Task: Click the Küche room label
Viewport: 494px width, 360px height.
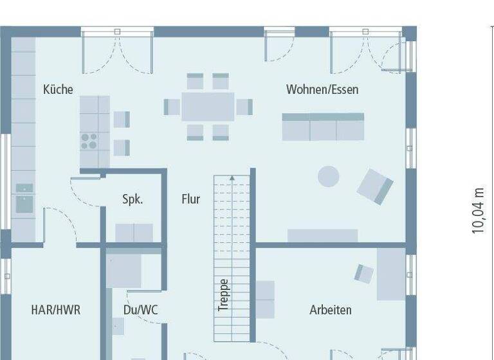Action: pos(58,89)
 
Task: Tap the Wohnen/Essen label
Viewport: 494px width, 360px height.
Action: pos(322,89)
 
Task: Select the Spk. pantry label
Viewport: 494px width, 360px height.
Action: pos(133,199)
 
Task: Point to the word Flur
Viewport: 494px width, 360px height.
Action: pos(190,199)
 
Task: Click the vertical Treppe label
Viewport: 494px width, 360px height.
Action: pos(223,295)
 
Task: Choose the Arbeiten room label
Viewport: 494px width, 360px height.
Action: pos(331,310)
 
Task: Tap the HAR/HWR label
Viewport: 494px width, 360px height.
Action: pos(56,310)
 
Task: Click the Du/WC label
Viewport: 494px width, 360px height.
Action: pos(140,310)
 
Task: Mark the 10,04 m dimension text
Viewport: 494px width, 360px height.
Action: pos(478,210)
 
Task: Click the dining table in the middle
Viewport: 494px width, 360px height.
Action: pos(208,107)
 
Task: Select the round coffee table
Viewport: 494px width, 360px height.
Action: pos(329,177)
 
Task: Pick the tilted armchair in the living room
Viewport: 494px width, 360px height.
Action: pos(375,186)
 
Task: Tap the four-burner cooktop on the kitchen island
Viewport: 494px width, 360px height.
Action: pos(89,141)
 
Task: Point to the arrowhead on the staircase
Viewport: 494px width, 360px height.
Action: pos(232,178)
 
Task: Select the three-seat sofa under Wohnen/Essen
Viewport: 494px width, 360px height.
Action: pos(323,127)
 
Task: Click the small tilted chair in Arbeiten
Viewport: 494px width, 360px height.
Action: pos(364,273)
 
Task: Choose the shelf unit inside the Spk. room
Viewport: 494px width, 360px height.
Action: pos(134,233)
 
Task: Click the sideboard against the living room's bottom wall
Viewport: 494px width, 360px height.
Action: pos(322,235)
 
